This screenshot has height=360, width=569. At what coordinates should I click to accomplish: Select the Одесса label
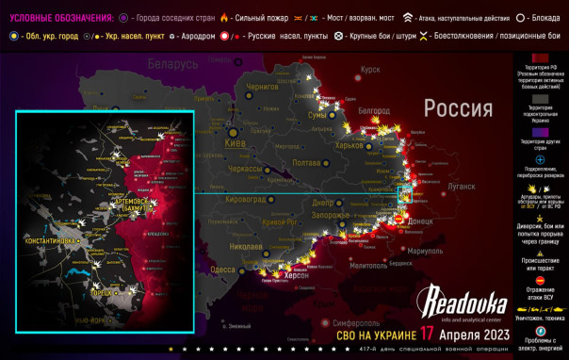(223, 270)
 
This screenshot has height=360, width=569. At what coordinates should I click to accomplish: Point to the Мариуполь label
(418, 252)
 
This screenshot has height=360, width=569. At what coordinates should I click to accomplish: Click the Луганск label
(461, 188)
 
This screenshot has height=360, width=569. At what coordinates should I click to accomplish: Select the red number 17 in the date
(428, 335)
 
